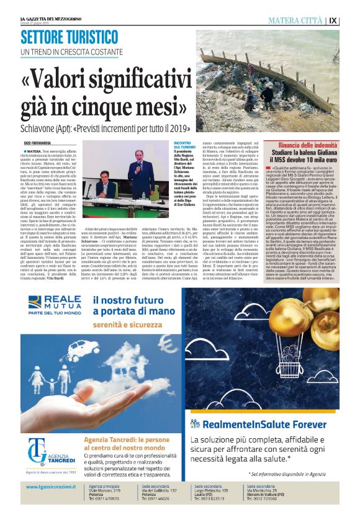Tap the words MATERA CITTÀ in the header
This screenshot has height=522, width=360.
(296, 20)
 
